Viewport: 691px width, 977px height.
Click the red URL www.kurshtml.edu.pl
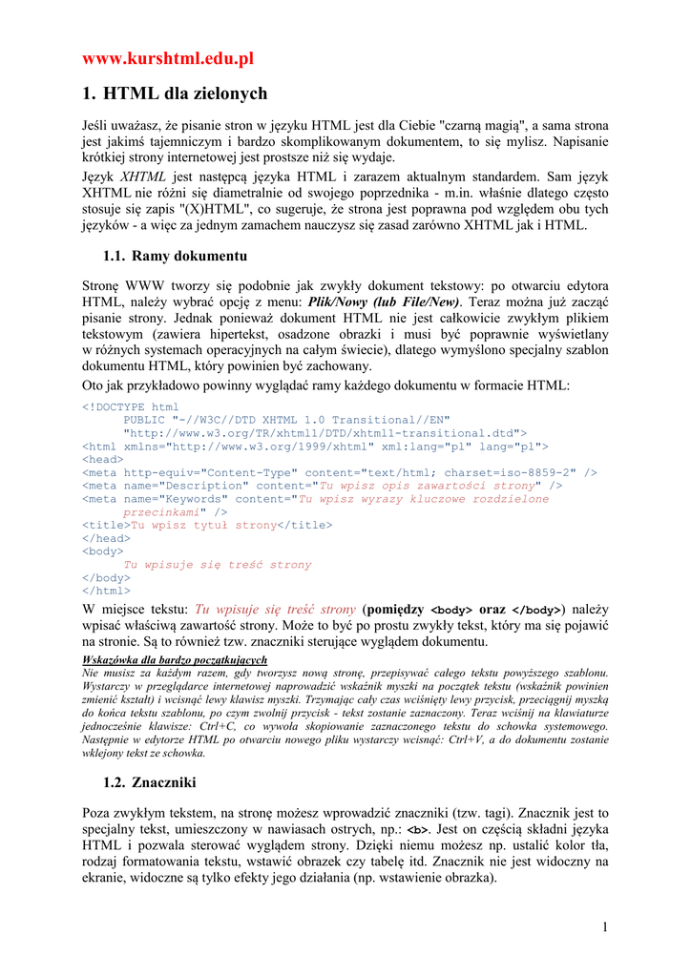click(x=168, y=59)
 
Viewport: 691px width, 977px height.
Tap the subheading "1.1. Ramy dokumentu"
click(x=175, y=256)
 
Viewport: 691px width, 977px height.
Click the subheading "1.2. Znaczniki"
click(x=149, y=782)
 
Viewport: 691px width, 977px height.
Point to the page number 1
click(x=605, y=927)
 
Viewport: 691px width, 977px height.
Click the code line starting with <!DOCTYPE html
click(x=131, y=406)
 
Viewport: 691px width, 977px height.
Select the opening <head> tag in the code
click(x=103, y=459)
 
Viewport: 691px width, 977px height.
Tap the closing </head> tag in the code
click(x=107, y=538)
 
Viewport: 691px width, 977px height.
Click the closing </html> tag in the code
click(x=107, y=591)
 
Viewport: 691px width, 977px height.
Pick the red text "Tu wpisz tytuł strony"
click(x=203, y=525)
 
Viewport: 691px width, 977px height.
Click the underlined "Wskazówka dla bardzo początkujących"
click(x=175, y=659)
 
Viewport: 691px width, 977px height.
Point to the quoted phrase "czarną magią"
click(x=481, y=125)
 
